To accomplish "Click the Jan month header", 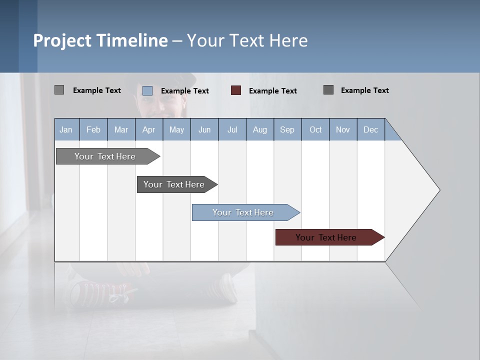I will (66, 129).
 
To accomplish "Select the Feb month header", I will (93, 129).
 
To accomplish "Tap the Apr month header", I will (148, 129).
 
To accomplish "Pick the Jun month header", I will (204, 129).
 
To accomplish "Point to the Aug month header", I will (259, 129).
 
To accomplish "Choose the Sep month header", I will (287, 129).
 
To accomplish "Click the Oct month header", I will (315, 129).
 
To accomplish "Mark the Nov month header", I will (343, 129).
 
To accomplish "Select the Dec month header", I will (370, 129).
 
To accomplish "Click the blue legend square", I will (147, 90).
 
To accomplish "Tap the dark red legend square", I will (236, 90).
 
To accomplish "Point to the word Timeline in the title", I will (132, 40).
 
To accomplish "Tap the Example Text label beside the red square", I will (272, 91).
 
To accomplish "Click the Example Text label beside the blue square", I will (184, 91).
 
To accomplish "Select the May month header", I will (176, 129).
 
